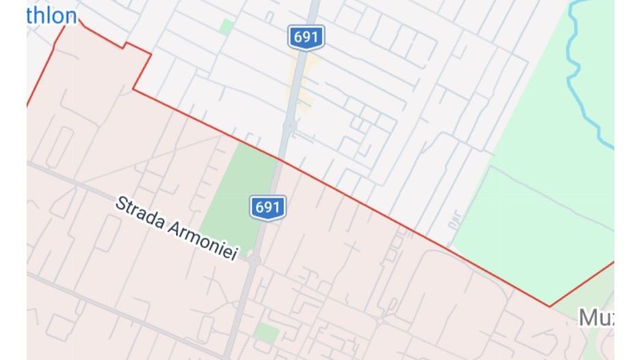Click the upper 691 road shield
pos(305,37)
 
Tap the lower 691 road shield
pos(267,207)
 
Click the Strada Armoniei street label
pos(176,227)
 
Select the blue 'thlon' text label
pos(51,16)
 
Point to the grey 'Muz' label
pos(595,318)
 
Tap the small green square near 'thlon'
pos(226,27)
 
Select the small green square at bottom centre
pos(267,333)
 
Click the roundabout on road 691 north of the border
pos(290,126)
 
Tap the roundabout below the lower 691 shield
pos(254,260)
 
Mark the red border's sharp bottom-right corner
pos(549,306)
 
